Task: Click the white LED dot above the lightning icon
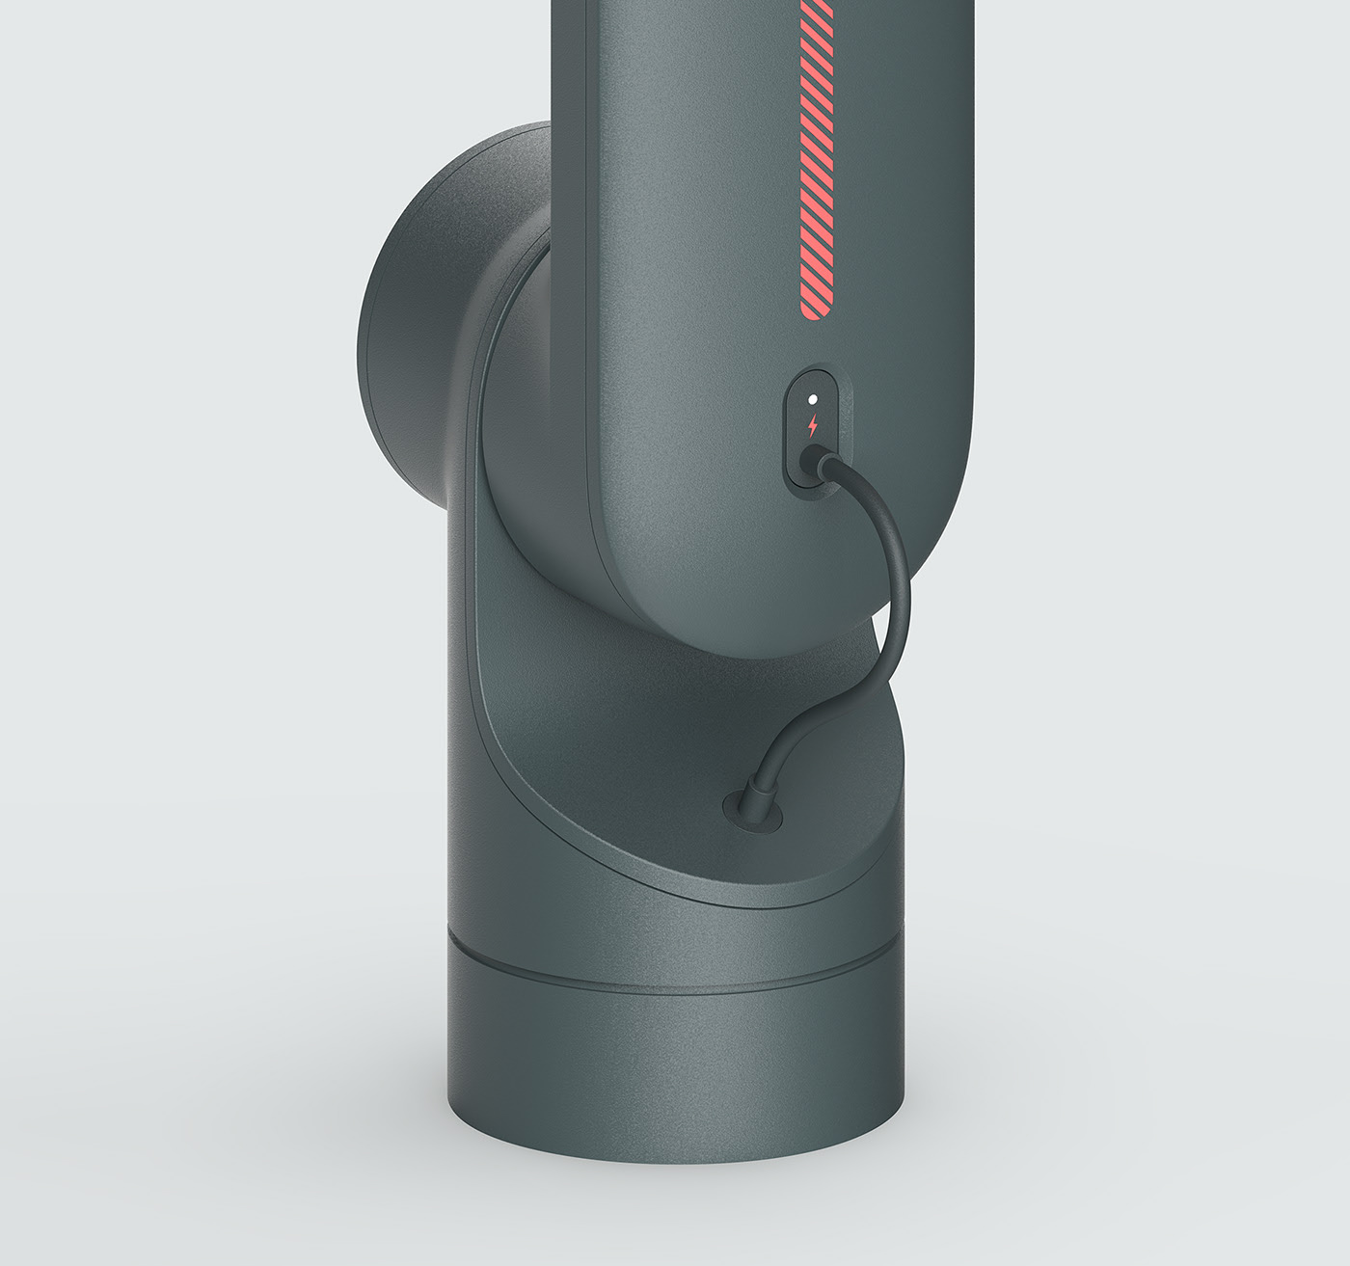tap(813, 398)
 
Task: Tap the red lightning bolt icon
tap(813, 424)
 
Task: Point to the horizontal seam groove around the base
tap(675, 969)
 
